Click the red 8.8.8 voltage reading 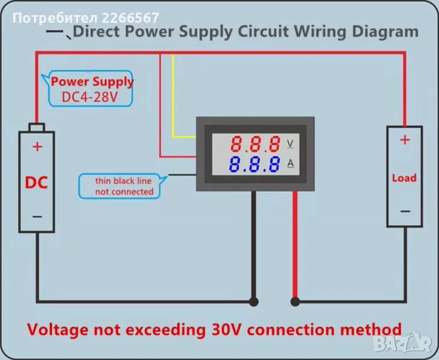point(256,144)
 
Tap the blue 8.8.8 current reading point(256,164)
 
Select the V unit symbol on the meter point(291,143)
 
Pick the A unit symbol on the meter point(291,163)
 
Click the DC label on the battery point(36,182)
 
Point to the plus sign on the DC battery point(37,146)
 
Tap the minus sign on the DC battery point(37,217)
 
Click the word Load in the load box point(404,178)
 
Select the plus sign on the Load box point(405,140)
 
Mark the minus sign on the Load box point(405,211)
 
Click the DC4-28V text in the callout point(91,97)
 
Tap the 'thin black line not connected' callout point(124,186)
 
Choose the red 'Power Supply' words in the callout point(92,82)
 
